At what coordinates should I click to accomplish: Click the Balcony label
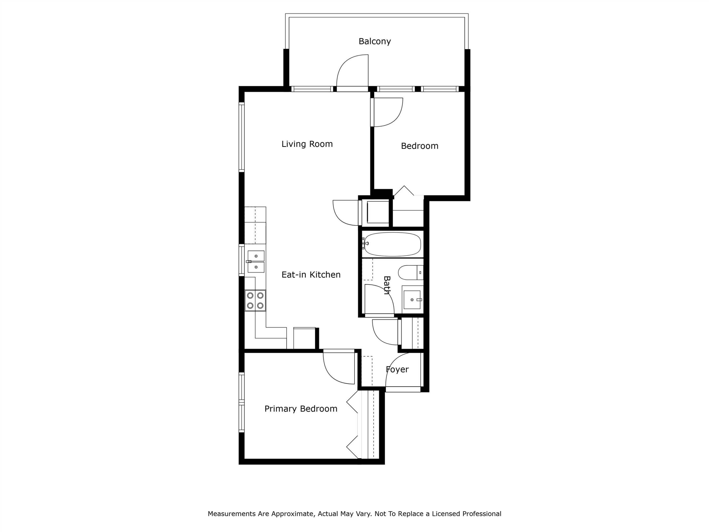tap(374, 41)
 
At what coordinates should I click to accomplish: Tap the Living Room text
tap(307, 144)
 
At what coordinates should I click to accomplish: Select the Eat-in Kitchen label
tap(311, 275)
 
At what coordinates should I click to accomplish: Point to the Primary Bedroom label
tap(300, 409)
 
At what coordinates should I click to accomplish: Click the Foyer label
tap(397, 369)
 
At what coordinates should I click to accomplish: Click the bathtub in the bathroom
tap(392, 244)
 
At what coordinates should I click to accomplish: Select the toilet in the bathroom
tap(410, 273)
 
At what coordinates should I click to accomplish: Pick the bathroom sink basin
tap(412, 300)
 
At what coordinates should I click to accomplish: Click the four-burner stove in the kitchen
tap(255, 301)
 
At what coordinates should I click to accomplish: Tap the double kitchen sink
tap(256, 261)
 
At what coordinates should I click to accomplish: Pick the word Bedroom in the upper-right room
tap(419, 146)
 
